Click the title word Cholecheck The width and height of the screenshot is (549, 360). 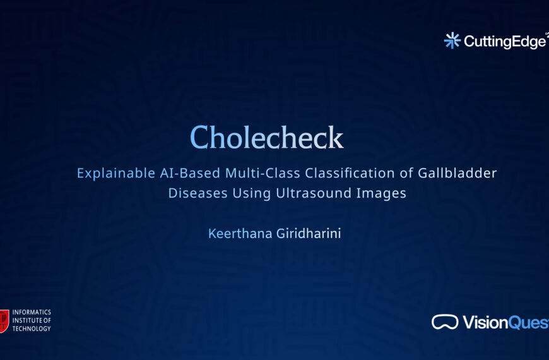coord(266,138)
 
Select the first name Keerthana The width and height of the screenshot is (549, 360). coord(240,234)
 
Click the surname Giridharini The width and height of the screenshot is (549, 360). coord(309,234)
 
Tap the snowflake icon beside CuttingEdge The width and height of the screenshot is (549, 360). coord(452,40)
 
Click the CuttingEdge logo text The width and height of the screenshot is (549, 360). coord(505,42)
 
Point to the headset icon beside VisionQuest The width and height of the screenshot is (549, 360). coord(445,322)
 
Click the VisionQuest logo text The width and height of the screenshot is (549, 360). coord(505,322)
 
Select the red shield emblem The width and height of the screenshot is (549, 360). coord(4,321)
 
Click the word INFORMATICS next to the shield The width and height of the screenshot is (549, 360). coord(32,313)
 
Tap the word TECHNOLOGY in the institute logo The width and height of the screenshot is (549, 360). coord(32,328)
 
